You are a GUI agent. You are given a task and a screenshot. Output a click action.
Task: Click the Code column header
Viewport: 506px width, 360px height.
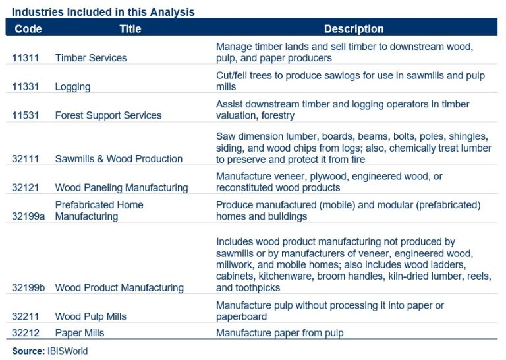pyautogui.click(x=28, y=29)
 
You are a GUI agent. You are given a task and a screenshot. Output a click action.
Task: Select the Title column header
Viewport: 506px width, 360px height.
pyautogui.click(x=130, y=29)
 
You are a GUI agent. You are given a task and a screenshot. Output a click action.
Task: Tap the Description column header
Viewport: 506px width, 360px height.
pyautogui.click(x=353, y=29)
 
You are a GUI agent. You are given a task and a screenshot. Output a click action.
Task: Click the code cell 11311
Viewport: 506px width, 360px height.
pyautogui.click(x=26, y=58)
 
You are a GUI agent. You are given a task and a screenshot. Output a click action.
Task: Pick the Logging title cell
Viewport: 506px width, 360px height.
pyautogui.click(x=72, y=87)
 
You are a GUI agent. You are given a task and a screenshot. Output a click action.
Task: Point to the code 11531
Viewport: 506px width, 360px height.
pyautogui.click(x=26, y=115)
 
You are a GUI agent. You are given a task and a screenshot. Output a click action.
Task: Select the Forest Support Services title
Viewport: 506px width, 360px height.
pyautogui.click(x=108, y=115)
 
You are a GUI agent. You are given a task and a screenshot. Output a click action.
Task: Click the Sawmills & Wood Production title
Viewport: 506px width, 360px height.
pyautogui.click(x=119, y=159)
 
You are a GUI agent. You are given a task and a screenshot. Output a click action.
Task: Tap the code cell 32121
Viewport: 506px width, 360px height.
pyautogui.click(x=26, y=188)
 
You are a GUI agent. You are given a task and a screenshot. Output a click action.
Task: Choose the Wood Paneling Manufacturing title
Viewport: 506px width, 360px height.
pyautogui.click(x=121, y=188)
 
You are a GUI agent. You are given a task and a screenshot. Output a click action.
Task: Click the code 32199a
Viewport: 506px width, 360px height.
pyautogui.click(x=28, y=216)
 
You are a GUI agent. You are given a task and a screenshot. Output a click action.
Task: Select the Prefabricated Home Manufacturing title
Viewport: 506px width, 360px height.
pyautogui.click(x=99, y=210)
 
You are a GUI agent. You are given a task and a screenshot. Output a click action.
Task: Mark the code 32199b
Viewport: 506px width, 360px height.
pyautogui.click(x=28, y=288)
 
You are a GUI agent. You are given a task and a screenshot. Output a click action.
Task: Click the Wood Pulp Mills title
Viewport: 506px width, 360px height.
pyautogui.click(x=90, y=316)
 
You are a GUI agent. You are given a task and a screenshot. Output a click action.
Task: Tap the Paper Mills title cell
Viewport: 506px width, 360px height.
pyautogui.click(x=79, y=333)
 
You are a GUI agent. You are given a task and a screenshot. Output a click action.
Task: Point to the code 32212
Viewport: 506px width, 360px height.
pyautogui.click(x=26, y=333)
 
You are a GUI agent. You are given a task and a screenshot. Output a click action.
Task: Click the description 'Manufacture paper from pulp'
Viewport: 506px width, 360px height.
pyautogui.click(x=279, y=333)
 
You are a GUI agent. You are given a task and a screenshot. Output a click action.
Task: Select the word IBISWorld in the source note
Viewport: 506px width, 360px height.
pyautogui.click(x=66, y=351)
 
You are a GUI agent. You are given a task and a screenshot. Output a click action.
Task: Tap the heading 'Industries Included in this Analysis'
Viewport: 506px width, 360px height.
pyautogui.click(x=103, y=12)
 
